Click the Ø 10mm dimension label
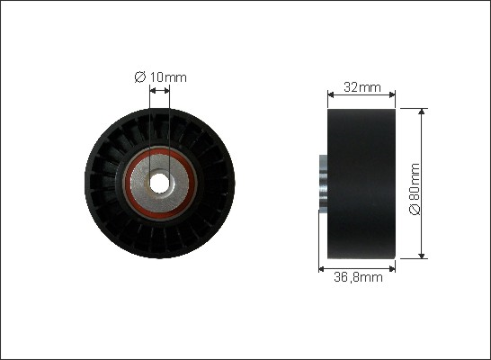point(160,77)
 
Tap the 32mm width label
point(362,87)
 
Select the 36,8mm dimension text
point(358,277)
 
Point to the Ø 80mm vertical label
point(415,189)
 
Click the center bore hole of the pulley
point(159,184)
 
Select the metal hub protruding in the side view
point(323,182)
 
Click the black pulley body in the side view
point(362,184)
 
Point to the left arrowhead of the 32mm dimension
point(330,94)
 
